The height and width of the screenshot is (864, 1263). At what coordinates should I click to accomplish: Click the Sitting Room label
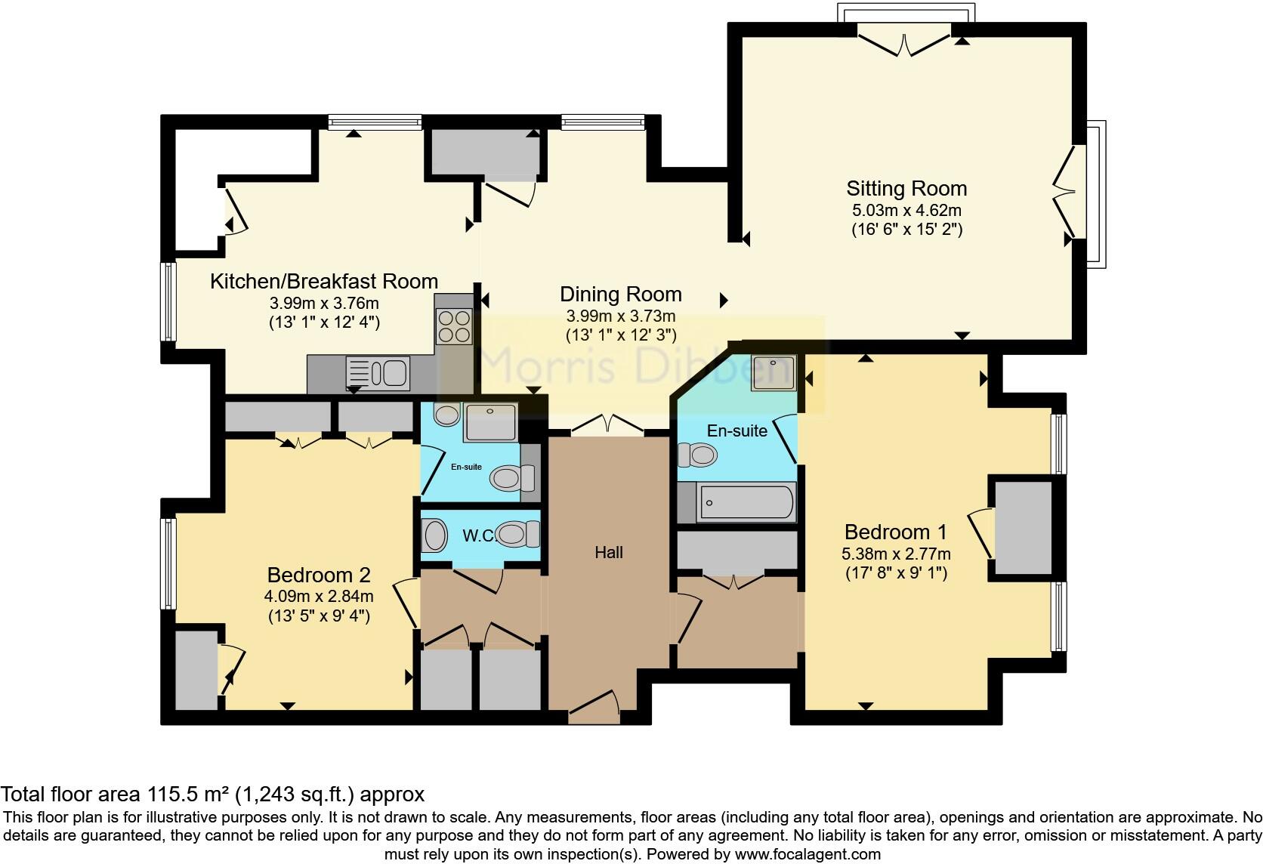[906, 188]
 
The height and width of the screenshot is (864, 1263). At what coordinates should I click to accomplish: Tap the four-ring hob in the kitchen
[454, 326]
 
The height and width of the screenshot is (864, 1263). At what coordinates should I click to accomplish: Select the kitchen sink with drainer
[378, 373]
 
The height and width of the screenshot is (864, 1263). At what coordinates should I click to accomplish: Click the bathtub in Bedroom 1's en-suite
[746, 501]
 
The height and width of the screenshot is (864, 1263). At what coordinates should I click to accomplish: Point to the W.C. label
[478, 536]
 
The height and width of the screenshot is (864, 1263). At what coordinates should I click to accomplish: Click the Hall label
[609, 552]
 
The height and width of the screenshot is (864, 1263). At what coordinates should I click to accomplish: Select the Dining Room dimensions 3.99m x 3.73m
[621, 316]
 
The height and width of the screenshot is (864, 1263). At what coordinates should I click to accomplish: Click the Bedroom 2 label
[319, 575]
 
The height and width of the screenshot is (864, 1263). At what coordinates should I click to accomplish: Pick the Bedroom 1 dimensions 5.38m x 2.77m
[896, 554]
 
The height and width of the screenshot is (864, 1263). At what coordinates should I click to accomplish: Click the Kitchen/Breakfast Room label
[324, 282]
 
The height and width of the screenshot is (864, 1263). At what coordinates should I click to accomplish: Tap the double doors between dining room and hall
[608, 425]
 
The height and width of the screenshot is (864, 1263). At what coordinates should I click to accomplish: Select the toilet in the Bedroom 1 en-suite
[697, 455]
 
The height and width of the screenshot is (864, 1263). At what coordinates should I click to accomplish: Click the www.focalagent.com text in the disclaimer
[808, 855]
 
